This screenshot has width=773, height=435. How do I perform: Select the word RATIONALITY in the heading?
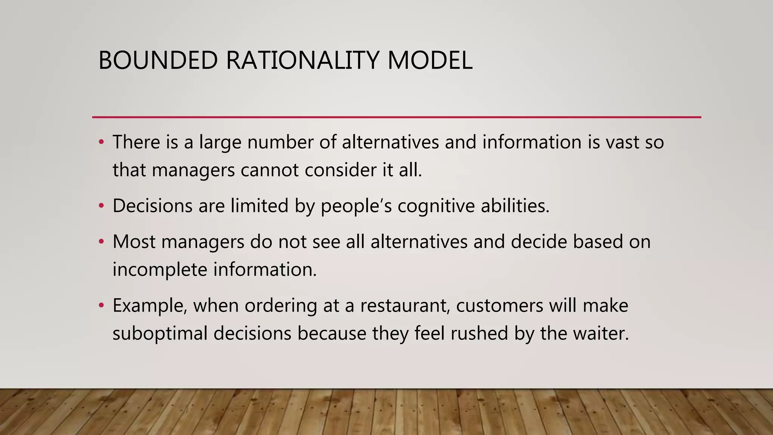(302, 60)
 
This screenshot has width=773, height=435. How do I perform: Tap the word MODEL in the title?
(430, 60)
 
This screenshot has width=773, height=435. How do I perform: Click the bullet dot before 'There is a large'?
(101, 142)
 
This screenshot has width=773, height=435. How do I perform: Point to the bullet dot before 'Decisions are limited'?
(101, 206)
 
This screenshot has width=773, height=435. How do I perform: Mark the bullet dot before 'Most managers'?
(101, 242)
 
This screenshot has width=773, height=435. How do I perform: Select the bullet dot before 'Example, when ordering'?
(101, 305)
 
